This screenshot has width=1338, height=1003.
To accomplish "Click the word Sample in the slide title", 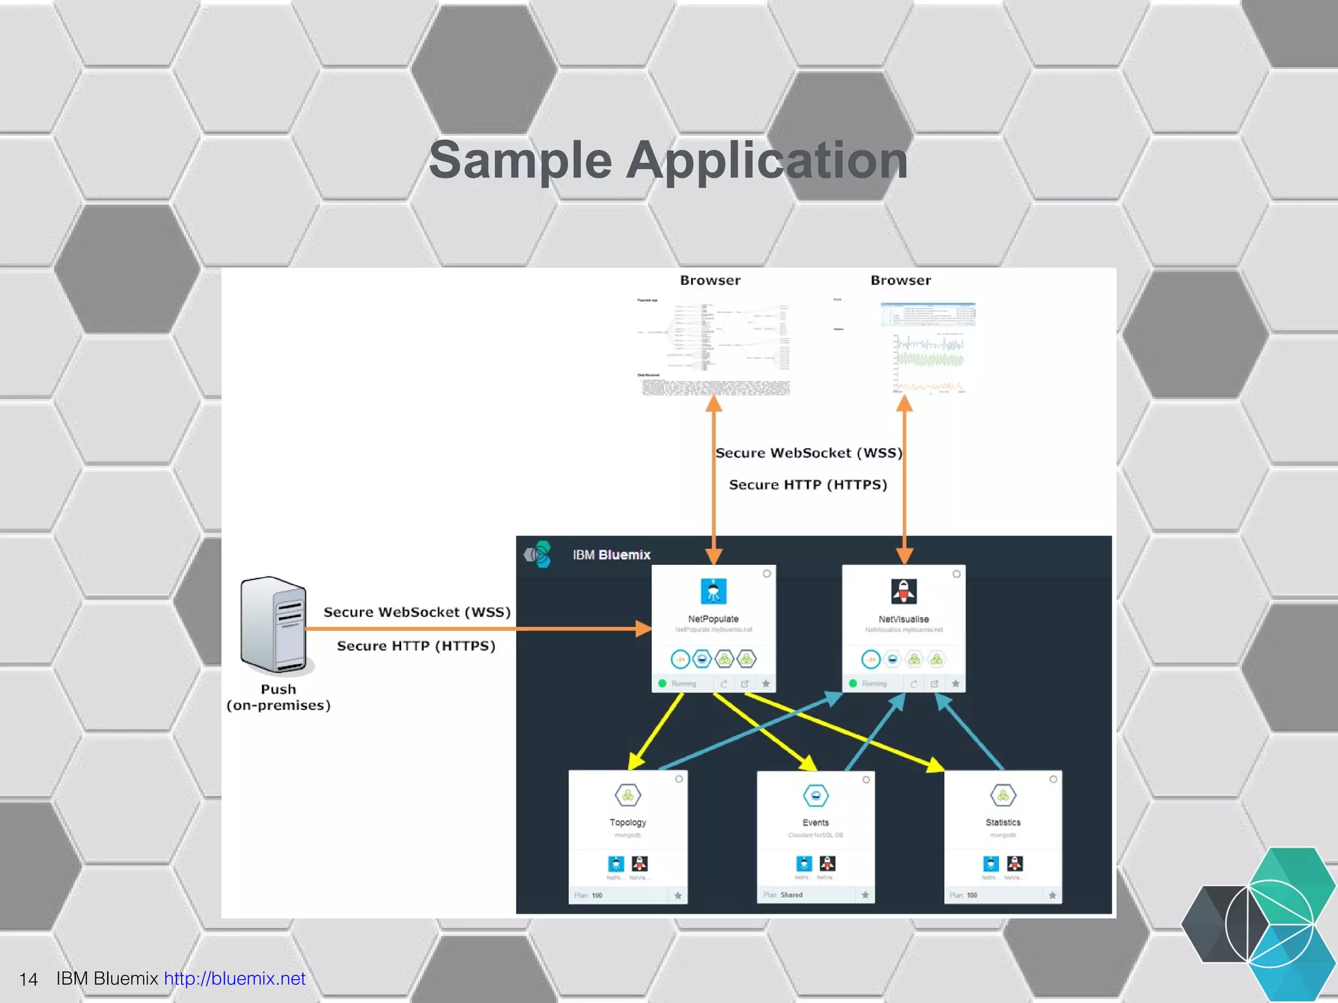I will click(520, 161).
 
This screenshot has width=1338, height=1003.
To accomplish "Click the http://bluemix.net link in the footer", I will click(235, 978).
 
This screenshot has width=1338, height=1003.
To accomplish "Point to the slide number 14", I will click(28, 979).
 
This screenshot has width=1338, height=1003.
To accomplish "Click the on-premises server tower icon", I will click(273, 625).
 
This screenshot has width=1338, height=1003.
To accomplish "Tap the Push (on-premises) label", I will click(278, 697).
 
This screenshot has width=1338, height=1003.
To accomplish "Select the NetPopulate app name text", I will click(713, 619).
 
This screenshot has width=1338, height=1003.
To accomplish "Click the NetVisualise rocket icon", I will click(904, 591).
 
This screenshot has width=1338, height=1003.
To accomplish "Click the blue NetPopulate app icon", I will click(713, 591).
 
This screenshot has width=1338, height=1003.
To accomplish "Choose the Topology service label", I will click(627, 823).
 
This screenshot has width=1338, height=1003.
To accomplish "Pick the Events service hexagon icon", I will click(815, 795).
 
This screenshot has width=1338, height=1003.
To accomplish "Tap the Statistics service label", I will click(1003, 823).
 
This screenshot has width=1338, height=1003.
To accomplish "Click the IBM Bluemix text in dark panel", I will click(612, 555).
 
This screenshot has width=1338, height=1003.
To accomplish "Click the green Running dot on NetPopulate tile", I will click(662, 684).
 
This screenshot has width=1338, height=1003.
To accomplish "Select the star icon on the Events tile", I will click(865, 895).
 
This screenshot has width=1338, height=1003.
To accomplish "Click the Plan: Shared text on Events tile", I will click(783, 895).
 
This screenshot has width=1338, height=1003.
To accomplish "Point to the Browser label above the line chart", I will click(900, 280).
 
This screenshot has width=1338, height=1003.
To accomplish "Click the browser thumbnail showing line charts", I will click(928, 347).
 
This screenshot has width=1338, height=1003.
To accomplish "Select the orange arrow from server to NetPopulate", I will click(477, 629).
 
